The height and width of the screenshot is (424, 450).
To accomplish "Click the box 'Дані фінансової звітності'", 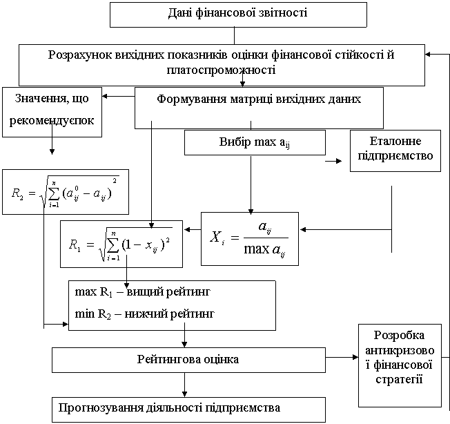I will (237, 14).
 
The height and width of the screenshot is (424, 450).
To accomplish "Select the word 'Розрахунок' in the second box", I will (79, 55).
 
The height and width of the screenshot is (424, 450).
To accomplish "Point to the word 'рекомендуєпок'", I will (52, 122).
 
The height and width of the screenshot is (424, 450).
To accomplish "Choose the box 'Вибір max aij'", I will (255, 143).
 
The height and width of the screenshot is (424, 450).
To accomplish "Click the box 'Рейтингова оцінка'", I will (188, 360).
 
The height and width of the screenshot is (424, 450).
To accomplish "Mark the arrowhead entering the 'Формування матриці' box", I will (242, 84).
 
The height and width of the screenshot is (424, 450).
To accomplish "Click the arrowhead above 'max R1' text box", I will (128, 284).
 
